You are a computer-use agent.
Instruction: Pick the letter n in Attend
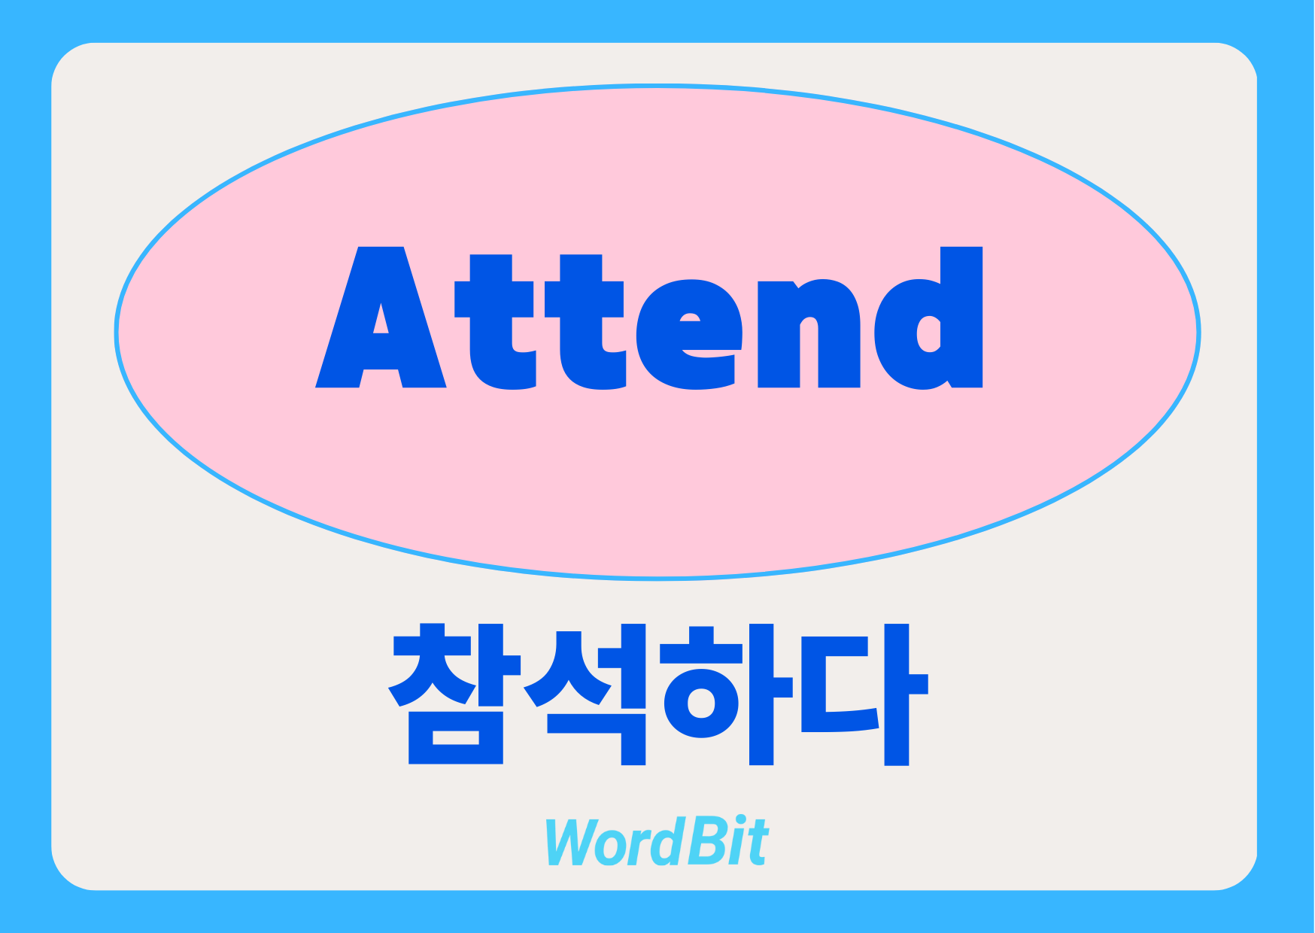[809, 334]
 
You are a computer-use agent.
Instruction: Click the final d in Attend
[928, 318]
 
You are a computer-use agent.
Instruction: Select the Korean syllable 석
[585, 694]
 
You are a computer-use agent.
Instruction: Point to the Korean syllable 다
[865, 694]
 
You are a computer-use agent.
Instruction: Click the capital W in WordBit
[575, 841]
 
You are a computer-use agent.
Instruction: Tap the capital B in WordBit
[700, 841]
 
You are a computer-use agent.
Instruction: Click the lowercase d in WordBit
[665, 842]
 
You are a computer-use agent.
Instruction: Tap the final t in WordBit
[755, 843]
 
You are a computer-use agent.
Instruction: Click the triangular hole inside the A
[381, 319]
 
